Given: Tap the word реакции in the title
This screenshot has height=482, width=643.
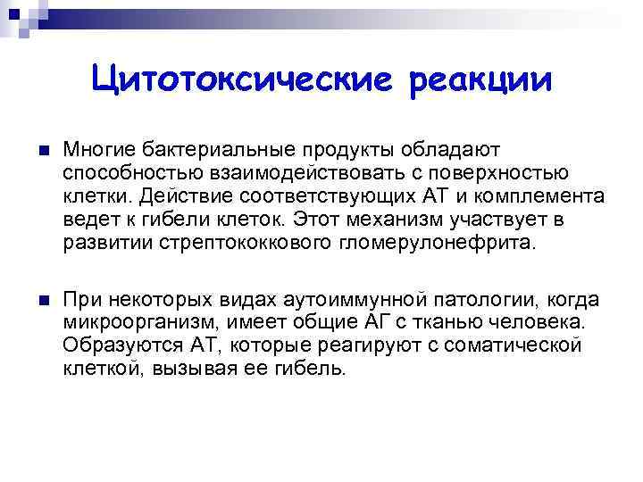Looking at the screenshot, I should click(481, 80).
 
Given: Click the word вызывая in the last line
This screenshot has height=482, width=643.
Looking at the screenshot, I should click(200, 368).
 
